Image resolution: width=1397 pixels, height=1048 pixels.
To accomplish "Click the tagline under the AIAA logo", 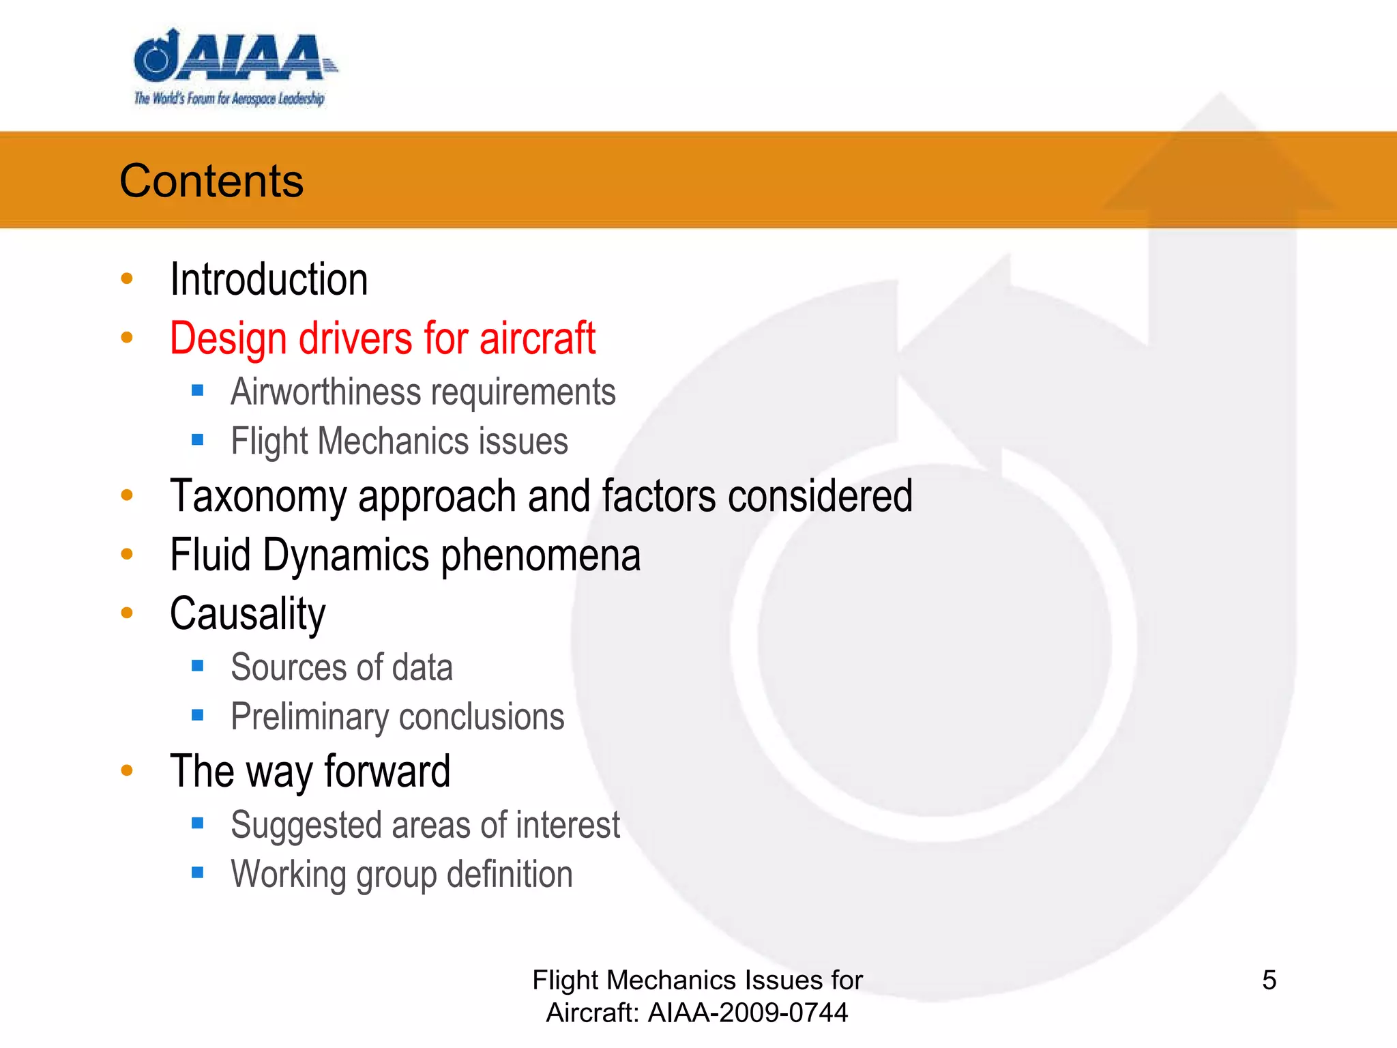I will pyautogui.click(x=229, y=99).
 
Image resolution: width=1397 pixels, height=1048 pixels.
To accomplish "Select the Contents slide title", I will pyautogui.click(x=211, y=181).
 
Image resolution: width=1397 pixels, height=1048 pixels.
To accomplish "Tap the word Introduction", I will pyautogui.click(x=269, y=280).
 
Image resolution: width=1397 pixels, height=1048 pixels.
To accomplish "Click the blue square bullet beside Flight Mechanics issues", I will pyautogui.click(x=198, y=440).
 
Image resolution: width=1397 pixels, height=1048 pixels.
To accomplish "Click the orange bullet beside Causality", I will pyautogui.click(x=127, y=613).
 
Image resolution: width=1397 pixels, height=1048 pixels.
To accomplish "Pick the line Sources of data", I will pyautogui.click(x=341, y=667).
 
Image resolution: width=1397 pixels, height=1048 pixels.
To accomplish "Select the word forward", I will pyautogui.click(x=387, y=772).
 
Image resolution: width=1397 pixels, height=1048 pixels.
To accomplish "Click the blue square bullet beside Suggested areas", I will pyautogui.click(x=198, y=824).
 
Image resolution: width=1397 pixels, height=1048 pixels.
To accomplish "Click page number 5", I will pyautogui.click(x=1269, y=980).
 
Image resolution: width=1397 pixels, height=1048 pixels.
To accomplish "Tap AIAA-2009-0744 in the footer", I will pyautogui.click(x=748, y=1013).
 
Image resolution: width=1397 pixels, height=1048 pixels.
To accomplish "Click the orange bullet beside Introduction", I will pyautogui.click(x=127, y=278).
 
